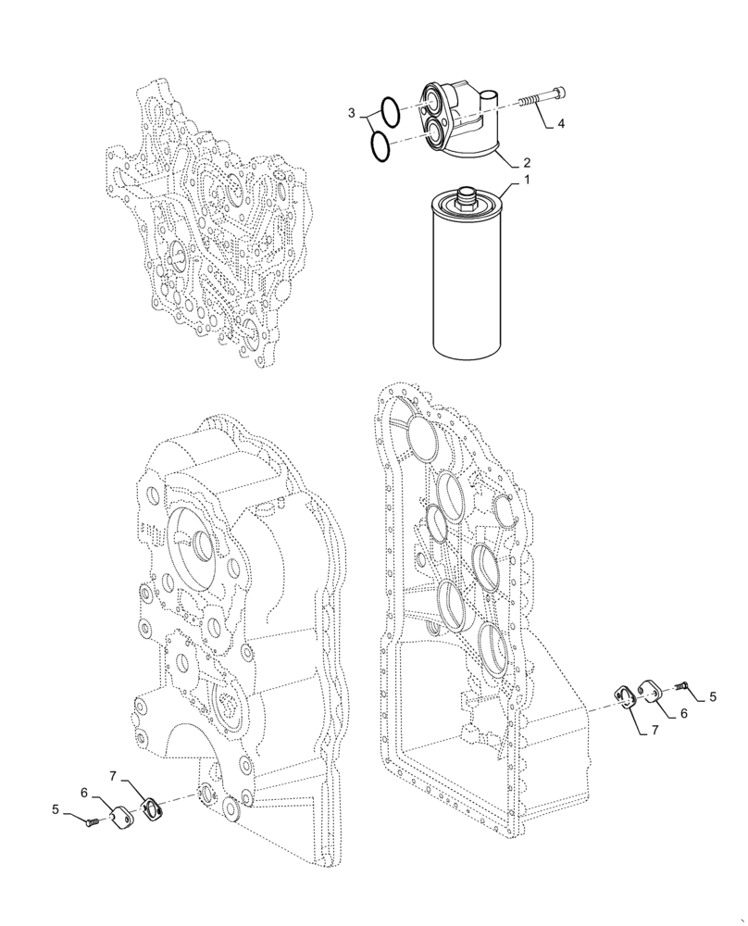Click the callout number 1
click(527, 179)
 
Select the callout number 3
click(352, 113)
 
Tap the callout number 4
click(561, 122)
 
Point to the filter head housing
click(460, 120)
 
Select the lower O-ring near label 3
click(378, 145)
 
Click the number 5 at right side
click(712, 695)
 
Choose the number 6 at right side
click(683, 714)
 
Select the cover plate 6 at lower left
click(123, 818)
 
